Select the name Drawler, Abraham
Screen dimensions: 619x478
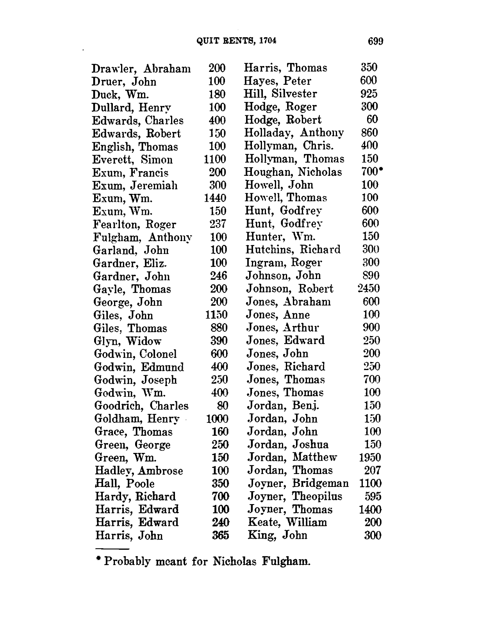pyautogui.click(x=141, y=69)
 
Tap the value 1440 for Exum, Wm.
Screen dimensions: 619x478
pyautogui.click(x=215, y=198)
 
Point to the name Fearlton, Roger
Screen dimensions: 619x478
pyautogui.click(x=135, y=225)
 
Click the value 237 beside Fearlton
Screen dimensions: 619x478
pyautogui.click(x=218, y=224)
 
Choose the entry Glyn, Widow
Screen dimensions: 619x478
pyautogui.click(x=128, y=341)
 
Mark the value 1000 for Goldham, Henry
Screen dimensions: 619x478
pyautogui.click(x=217, y=419)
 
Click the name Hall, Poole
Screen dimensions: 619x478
pyautogui.click(x=125, y=484)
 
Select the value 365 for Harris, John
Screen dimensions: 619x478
pyautogui.click(x=220, y=535)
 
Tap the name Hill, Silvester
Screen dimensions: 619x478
pyautogui.click(x=280, y=94)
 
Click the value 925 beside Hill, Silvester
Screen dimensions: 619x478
pyautogui.click(x=369, y=94)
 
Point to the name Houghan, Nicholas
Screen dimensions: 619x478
pyautogui.click(x=293, y=172)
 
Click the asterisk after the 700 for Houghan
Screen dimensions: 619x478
pyautogui.click(x=380, y=170)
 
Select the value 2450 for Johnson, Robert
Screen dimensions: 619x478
pyautogui.click(x=369, y=288)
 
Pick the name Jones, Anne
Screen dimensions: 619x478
pyautogui.click(x=278, y=315)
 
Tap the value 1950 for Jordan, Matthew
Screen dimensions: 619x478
pyautogui.click(x=370, y=457)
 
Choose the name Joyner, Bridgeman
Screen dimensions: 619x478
pyautogui.click(x=298, y=483)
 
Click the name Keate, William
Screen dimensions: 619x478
pyautogui.click(x=287, y=522)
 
